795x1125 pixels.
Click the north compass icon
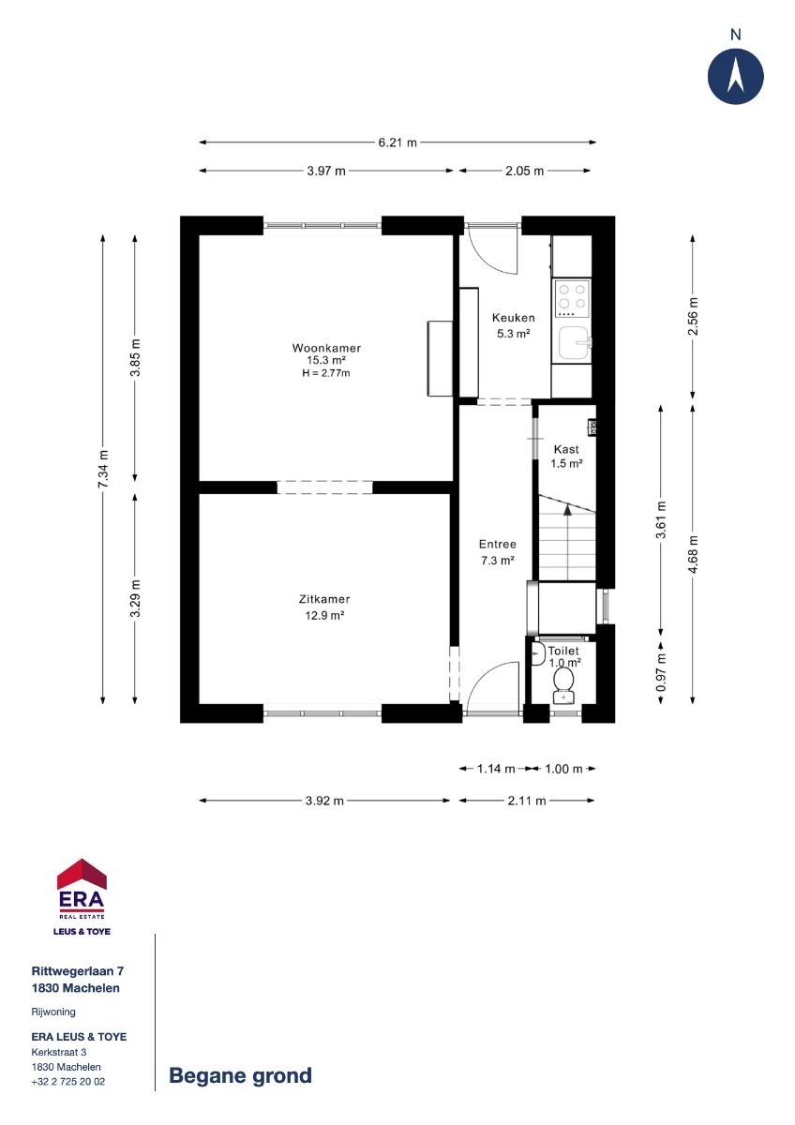click(x=735, y=76)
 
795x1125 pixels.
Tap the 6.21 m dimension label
click(x=397, y=142)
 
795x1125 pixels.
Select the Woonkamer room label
click(x=326, y=348)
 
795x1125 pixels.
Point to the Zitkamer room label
click(x=324, y=599)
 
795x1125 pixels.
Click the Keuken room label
click(x=513, y=318)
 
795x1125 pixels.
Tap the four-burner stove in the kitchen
click(x=572, y=299)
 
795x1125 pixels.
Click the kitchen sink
click(x=574, y=342)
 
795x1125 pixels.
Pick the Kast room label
click(x=566, y=449)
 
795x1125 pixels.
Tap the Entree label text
click(x=497, y=544)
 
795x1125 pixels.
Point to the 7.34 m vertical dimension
click(x=103, y=469)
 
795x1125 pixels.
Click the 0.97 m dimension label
click(x=661, y=671)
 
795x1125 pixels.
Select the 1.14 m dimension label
click(x=496, y=769)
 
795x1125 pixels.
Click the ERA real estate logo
click(x=82, y=897)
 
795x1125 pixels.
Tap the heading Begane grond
click(x=240, y=1075)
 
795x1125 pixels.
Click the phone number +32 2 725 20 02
click(x=68, y=1081)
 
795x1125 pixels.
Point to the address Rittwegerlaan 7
click(x=77, y=971)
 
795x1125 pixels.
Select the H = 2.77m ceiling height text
click(x=326, y=373)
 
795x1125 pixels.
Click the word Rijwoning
click(x=53, y=1012)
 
